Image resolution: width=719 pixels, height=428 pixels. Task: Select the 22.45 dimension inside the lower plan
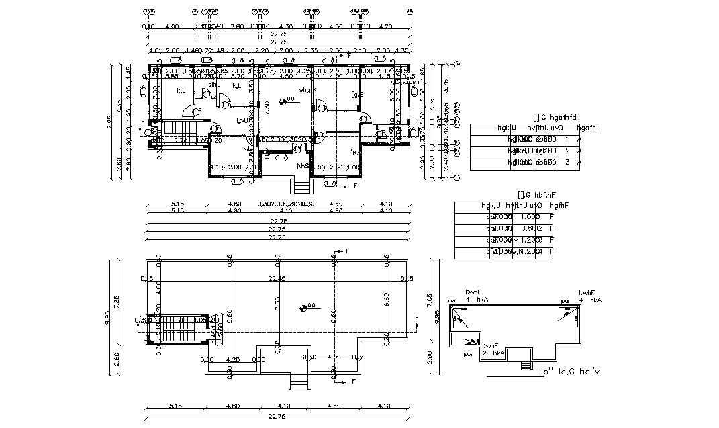click(x=277, y=278)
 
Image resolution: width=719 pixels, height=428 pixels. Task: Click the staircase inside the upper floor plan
click(x=178, y=128)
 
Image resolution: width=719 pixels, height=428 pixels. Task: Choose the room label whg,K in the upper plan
click(x=307, y=89)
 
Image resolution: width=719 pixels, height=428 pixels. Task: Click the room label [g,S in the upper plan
click(x=357, y=95)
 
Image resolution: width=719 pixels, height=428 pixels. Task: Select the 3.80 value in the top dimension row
click(x=236, y=26)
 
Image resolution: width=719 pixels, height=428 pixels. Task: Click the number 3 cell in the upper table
click(x=567, y=162)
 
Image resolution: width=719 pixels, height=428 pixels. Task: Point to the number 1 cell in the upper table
click(x=567, y=140)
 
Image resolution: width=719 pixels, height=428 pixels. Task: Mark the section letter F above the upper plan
click(x=348, y=56)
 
